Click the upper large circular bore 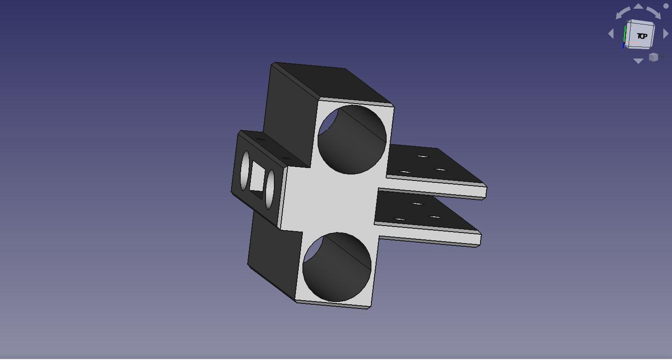point(352,139)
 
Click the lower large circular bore point(337,267)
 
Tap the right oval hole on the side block point(270,183)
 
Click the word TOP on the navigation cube point(642,36)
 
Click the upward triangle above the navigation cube point(638,6)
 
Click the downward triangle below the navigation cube point(638,61)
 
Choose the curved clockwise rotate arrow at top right point(654,12)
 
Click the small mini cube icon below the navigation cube point(654,57)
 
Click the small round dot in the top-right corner point(666,6)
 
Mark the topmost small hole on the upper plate point(423,157)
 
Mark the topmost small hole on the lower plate point(417,203)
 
